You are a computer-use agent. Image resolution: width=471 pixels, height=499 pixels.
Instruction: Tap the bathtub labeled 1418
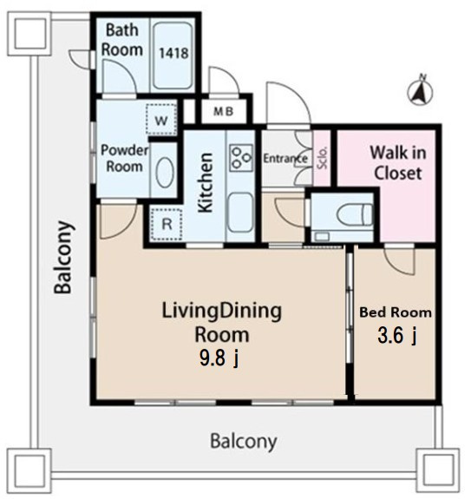point(173,55)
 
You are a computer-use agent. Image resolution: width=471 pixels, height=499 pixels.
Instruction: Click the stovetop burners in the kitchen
point(241,158)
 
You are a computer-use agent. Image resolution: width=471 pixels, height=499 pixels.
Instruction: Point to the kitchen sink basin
point(240,213)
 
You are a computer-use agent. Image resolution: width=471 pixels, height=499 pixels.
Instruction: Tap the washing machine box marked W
point(161,120)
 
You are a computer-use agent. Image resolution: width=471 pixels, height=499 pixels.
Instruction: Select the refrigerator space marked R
point(167,225)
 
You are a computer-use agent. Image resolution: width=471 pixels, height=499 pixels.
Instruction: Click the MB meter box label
point(224,111)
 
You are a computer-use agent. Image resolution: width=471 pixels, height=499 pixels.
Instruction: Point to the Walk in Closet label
point(398,163)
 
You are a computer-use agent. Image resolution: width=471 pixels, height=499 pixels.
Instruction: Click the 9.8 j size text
point(219,358)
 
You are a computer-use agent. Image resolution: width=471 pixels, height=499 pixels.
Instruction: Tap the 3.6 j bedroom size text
point(397,335)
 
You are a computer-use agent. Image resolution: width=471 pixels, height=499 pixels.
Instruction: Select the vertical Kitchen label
point(205,182)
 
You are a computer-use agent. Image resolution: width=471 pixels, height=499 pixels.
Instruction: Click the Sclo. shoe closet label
point(322,158)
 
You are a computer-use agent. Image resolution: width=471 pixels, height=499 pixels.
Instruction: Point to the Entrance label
point(285,159)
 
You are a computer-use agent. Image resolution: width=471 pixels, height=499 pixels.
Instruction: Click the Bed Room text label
point(396,312)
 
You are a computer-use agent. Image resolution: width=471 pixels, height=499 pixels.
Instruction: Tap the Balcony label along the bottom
point(244,442)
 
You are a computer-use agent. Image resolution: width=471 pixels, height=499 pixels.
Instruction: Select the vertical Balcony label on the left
point(63,257)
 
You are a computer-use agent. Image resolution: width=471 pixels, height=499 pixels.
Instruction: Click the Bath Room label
point(122,40)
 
